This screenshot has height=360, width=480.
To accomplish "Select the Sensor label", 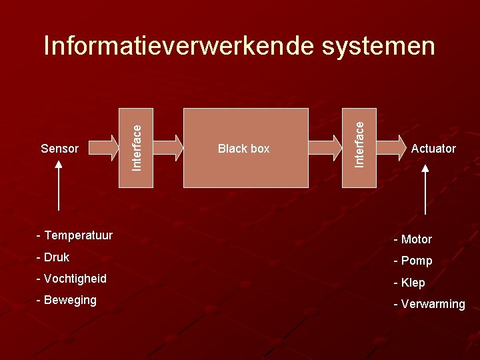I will pyautogui.click(x=59, y=149).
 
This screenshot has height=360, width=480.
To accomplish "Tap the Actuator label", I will pyautogui.click(x=433, y=149).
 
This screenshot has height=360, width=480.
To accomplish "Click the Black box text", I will pyautogui.click(x=244, y=149).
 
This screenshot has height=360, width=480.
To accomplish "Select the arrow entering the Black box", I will pyautogui.click(x=168, y=148).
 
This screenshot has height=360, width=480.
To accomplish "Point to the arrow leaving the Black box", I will pyautogui.click(x=325, y=148).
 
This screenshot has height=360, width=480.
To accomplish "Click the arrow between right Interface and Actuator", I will pyautogui.click(x=391, y=148).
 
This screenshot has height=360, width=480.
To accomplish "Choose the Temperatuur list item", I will pyautogui.click(x=75, y=235).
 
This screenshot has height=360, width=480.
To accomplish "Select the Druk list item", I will pyautogui.click(x=53, y=257).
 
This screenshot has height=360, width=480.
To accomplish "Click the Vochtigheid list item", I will pyautogui.click(x=71, y=279).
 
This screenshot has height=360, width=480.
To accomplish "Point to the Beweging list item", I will pyautogui.click(x=67, y=300).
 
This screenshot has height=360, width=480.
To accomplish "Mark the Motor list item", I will pyautogui.click(x=413, y=239).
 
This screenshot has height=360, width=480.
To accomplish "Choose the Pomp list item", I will pyautogui.click(x=413, y=261).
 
